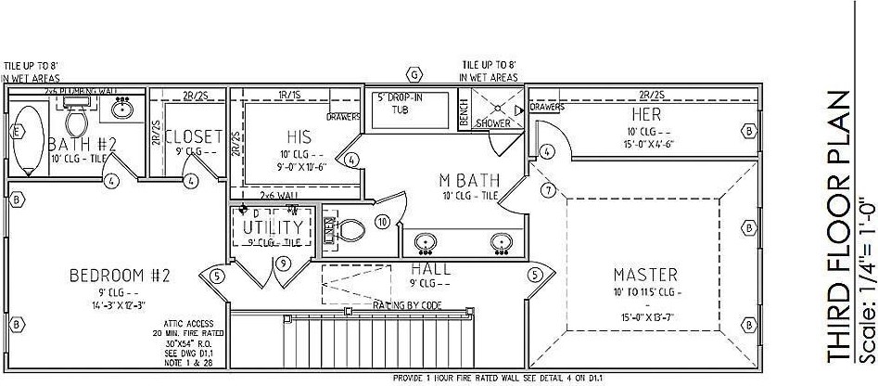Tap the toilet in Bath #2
pyautogui.click(x=75, y=118)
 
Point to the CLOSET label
pyautogui.click(x=193, y=136)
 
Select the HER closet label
pyautogui.click(x=645, y=113)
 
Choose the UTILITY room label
pyautogui.click(x=273, y=226)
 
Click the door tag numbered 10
pyautogui.click(x=380, y=221)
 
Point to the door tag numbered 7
pyautogui.click(x=548, y=190)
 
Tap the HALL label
pyautogui.click(x=431, y=268)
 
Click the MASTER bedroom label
pyautogui.click(x=645, y=275)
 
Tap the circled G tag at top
pyautogui.click(x=414, y=73)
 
